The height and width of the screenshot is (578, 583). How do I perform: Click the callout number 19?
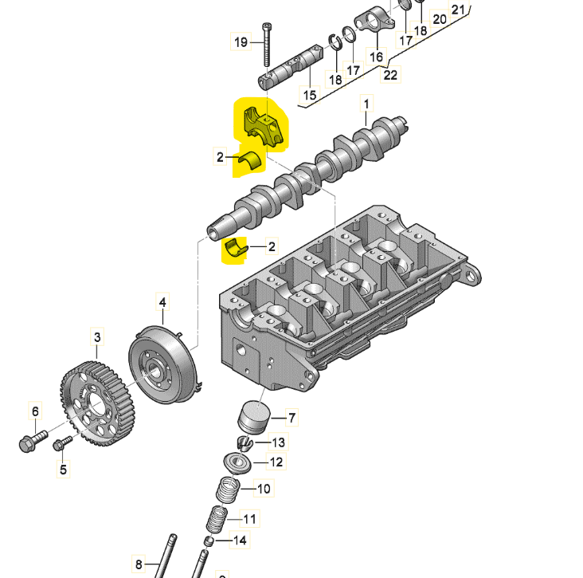click(241, 41)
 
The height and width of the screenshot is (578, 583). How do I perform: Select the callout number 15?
click(309, 95)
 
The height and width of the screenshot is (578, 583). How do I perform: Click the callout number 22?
click(390, 75)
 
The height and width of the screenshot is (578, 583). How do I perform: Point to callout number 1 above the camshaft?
click(366, 104)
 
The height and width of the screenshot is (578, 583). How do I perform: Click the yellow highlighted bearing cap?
click(264, 126)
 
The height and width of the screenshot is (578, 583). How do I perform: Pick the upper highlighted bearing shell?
click(249, 161)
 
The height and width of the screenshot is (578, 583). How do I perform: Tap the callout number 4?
click(162, 302)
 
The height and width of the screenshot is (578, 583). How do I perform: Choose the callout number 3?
click(97, 337)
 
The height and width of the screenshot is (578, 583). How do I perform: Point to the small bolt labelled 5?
click(62, 443)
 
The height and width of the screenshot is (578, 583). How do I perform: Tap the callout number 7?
click(291, 418)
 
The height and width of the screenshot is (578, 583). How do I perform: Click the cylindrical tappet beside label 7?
click(254, 417)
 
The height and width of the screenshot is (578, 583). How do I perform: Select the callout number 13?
click(278, 442)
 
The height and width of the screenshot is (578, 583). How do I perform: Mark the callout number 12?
click(276, 462)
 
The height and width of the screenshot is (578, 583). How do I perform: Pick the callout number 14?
click(240, 540)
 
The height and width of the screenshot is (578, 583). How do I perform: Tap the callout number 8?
click(139, 564)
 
